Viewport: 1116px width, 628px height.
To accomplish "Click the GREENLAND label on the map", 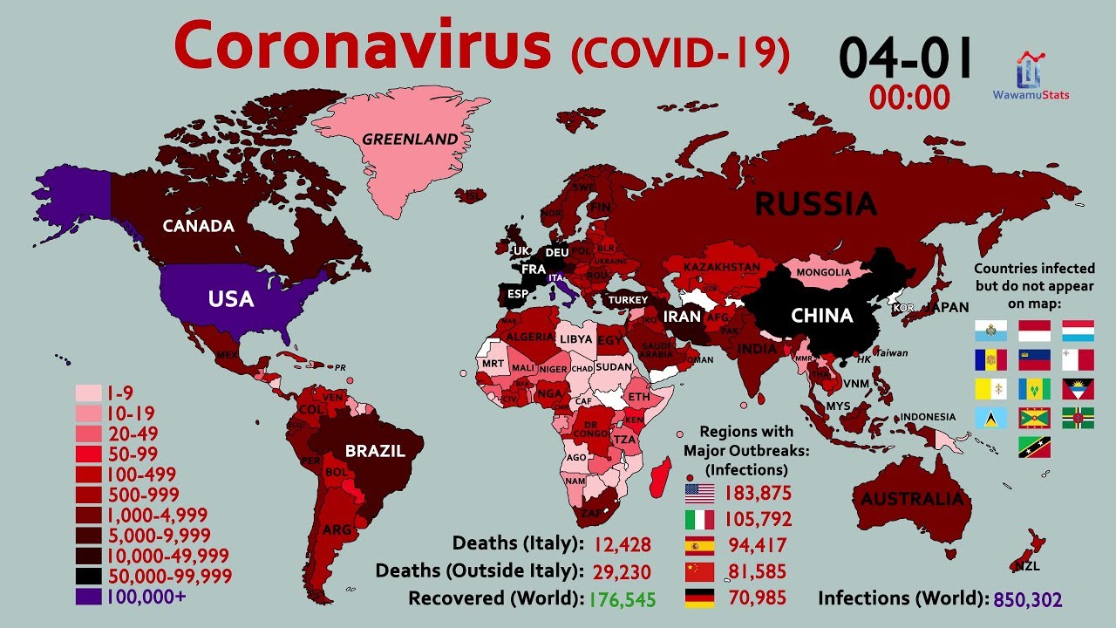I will (x=410, y=139).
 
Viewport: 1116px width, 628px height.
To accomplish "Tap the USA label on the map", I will (x=231, y=299).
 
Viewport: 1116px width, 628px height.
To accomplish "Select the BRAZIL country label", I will (x=375, y=451).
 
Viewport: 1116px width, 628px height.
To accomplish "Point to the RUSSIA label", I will (x=815, y=204).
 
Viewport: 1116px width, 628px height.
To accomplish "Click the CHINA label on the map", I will (x=821, y=316).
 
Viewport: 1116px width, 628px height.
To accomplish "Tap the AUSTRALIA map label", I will (x=913, y=500).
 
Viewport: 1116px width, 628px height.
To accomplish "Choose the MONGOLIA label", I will (x=823, y=272).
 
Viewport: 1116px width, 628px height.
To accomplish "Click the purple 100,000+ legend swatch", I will (x=89, y=597).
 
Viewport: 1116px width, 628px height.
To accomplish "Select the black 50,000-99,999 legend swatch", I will (x=89, y=576).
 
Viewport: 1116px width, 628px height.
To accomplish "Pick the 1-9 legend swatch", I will (x=89, y=393).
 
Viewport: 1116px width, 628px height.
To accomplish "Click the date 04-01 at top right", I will (x=906, y=59).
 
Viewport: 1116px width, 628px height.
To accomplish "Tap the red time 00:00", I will (x=908, y=98).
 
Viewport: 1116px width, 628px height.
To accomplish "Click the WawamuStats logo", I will (x=1031, y=77).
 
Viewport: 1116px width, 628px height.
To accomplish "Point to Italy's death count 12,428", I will (x=623, y=544).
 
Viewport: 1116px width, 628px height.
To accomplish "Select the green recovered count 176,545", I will (x=622, y=599).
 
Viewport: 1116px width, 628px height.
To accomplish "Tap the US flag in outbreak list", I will (x=700, y=493).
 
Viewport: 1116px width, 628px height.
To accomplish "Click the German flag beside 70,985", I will (x=700, y=598).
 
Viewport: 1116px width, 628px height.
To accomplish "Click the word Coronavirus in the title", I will (x=363, y=48).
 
